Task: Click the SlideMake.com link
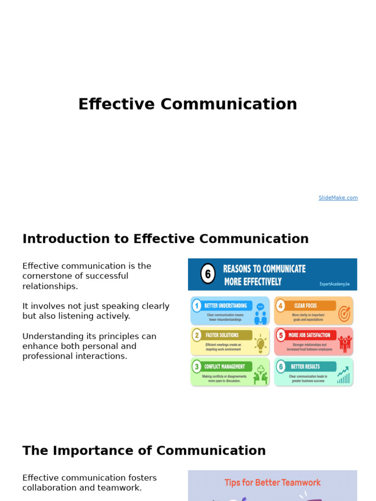(338, 198)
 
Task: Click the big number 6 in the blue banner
(208, 274)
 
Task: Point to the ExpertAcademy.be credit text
(335, 283)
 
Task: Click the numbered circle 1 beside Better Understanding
(197, 306)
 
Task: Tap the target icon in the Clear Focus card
(344, 313)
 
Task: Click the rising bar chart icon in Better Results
(344, 375)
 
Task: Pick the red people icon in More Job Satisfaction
(345, 343)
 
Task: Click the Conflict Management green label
(225, 366)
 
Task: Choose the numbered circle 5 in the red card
(281, 335)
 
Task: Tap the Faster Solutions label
(222, 335)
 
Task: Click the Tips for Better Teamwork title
(272, 482)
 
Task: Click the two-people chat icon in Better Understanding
(260, 314)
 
